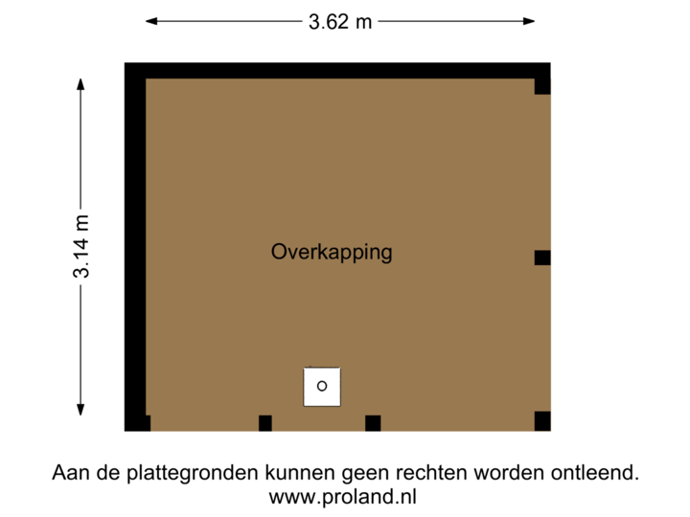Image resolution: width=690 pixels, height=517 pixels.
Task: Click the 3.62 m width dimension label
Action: (x=340, y=21)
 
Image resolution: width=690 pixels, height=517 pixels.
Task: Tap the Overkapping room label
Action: (x=332, y=253)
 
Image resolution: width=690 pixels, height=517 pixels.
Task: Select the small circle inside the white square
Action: (x=322, y=386)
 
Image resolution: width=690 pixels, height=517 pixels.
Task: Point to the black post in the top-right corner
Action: (x=542, y=86)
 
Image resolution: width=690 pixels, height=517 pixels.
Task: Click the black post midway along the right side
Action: (x=542, y=257)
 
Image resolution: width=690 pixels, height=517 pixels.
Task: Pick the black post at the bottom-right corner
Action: (x=542, y=420)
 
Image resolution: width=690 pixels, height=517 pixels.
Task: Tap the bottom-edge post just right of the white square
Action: (x=373, y=423)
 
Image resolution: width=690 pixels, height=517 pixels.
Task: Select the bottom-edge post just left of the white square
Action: (x=265, y=423)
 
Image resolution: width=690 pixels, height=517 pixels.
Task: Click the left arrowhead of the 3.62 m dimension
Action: (x=151, y=21)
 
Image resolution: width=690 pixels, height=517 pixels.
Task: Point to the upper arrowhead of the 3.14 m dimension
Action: (x=80, y=83)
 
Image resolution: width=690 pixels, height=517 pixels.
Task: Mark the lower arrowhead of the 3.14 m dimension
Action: (x=80, y=412)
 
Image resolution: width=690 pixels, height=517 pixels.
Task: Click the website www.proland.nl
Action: (x=342, y=497)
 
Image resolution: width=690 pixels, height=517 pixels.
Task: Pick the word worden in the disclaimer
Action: (x=514, y=473)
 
